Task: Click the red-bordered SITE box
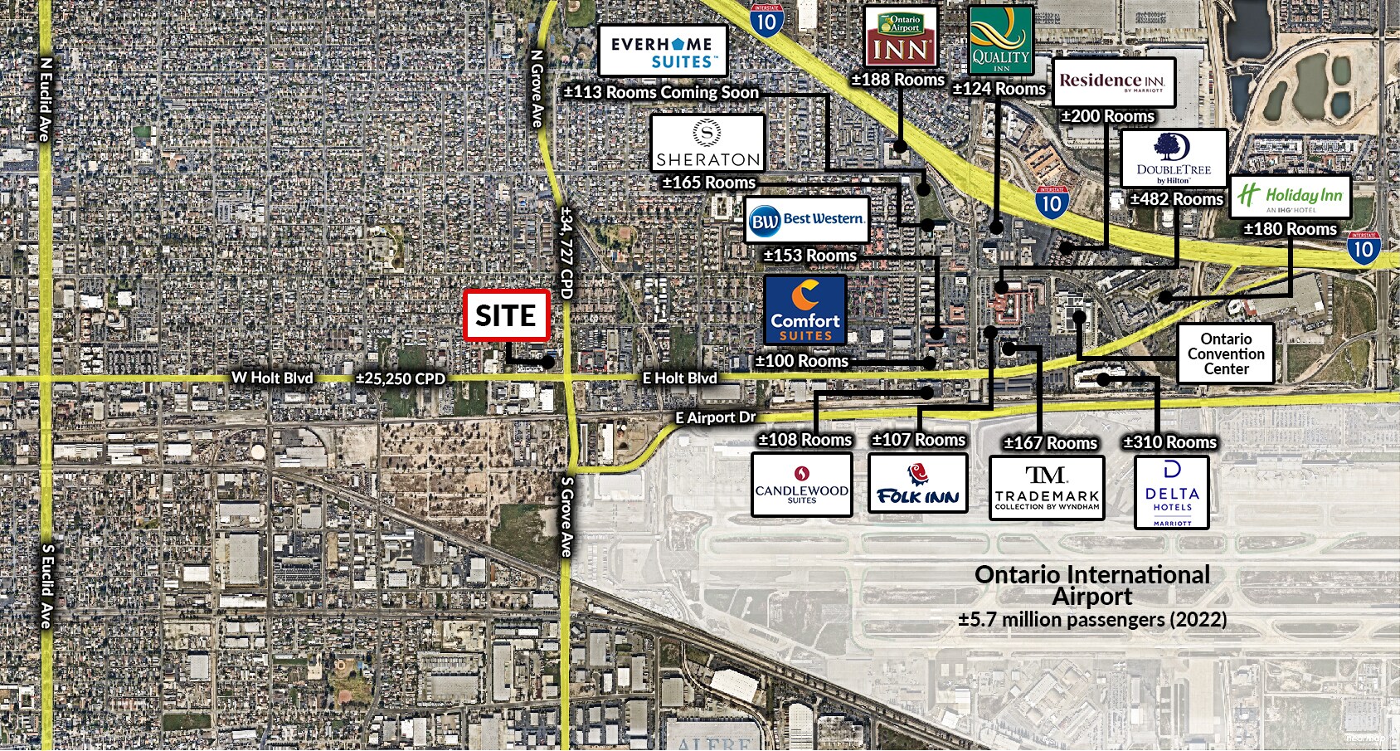coord(506,315)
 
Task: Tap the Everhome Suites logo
coord(662,51)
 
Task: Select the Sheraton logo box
coord(707,144)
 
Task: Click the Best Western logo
coord(807,220)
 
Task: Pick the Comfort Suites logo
coord(805,310)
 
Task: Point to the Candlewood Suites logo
coord(802,485)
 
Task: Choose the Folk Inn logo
coord(918,484)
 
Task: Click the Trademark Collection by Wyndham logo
coord(1047,488)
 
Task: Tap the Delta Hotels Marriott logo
coord(1171,493)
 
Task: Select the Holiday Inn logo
coord(1290,197)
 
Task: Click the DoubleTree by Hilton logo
coord(1174,158)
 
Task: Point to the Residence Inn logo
coord(1114,82)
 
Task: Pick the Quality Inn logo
coord(1001,41)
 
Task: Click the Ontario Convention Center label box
coord(1226,354)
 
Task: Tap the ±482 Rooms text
coord(1176,199)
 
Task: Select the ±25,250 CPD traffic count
coord(401,378)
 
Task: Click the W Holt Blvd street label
coord(272,378)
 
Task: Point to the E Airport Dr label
coord(716,417)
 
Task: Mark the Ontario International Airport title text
coord(1092,585)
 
